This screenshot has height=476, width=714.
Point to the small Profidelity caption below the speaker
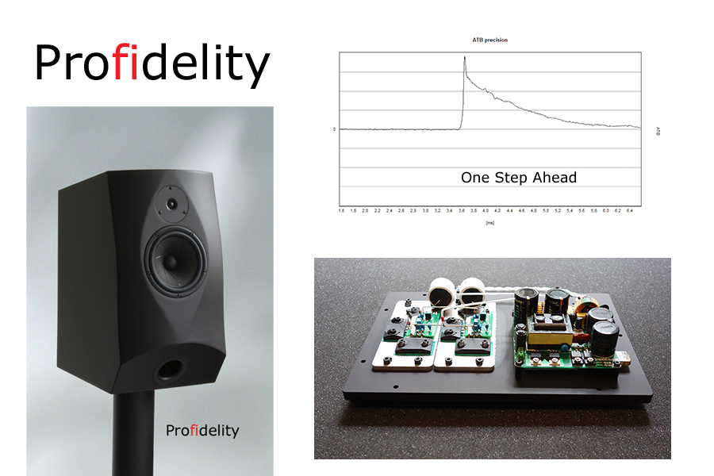pyautogui.click(x=202, y=431)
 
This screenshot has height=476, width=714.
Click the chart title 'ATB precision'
pyautogui.click(x=490, y=40)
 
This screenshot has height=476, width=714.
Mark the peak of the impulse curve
pyautogui.click(x=465, y=57)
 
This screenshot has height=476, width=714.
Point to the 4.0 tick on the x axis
pyautogui.click(x=486, y=212)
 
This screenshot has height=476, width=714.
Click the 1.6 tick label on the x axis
pyautogui.click(x=341, y=212)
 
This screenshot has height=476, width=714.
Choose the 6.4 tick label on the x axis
pyautogui.click(x=630, y=212)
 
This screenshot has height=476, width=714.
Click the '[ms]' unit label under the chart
pyautogui.click(x=489, y=225)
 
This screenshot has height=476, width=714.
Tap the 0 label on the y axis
pyautogui.click(x=334, y=129)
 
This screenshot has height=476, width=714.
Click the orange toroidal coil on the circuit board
pyautogui.click(x=588, y=309)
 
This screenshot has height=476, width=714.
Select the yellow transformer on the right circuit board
pyautogui.click(x=547, y=332)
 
